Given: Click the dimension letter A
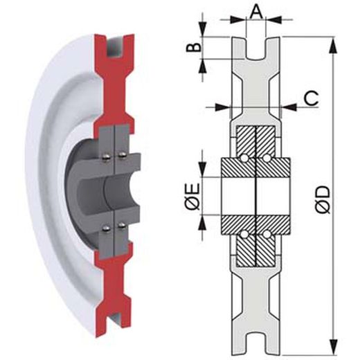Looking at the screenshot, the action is pyautogui.click(x=256, y=12).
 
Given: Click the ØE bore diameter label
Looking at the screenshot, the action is pyautogui.click(x=193, y=197).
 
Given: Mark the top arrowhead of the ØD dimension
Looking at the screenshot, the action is pyautogui.click(x=333, y=47).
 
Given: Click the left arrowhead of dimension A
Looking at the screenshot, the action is pyautogui.click(x=238, y=19).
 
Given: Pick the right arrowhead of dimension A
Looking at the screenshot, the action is pyautogui.click(x=274, y=19).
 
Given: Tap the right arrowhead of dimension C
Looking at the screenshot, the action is pyautogui.click(x=289, y=107).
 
